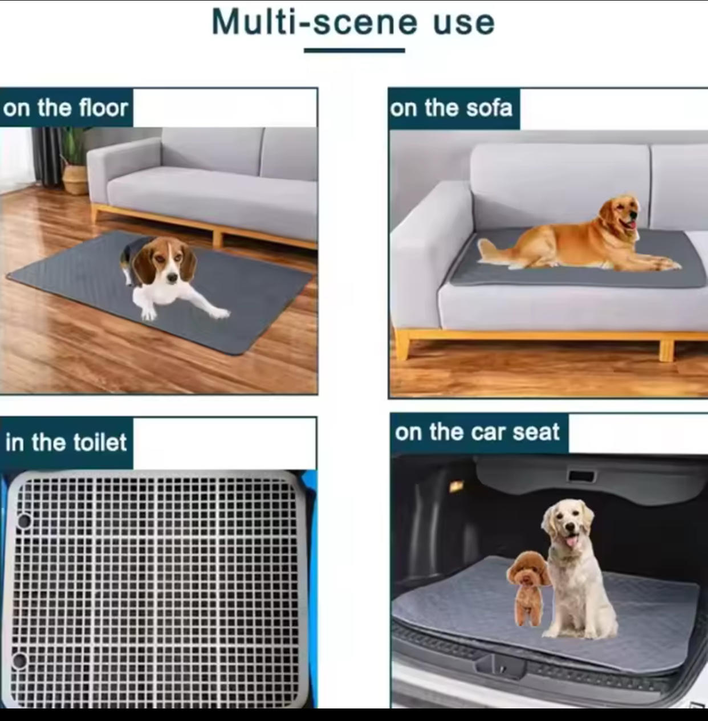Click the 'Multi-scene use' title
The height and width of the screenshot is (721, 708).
353,22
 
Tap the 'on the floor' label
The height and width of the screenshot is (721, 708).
66,108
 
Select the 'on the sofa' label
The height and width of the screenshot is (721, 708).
451,108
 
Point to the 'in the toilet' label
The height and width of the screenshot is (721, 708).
66,442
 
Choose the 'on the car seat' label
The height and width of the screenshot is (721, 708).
477,432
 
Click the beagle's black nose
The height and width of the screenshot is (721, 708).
172,277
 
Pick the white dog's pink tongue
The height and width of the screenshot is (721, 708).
571,542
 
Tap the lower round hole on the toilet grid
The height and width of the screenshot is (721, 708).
19,661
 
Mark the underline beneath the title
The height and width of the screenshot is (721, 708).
355,50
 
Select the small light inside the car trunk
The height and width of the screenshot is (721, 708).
456,486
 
